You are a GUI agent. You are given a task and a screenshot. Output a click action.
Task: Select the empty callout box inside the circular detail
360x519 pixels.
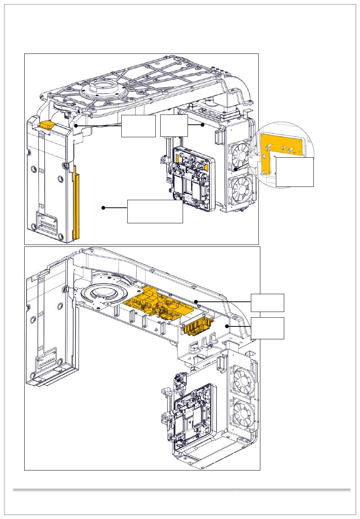(x=294, y=172)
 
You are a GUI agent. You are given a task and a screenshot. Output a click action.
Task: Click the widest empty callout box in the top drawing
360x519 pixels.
(x=155, y=211)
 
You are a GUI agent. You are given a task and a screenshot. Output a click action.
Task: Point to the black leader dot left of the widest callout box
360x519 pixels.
(x=103, y=208)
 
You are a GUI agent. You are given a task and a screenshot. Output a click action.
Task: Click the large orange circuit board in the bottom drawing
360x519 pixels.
(x=159, y=303)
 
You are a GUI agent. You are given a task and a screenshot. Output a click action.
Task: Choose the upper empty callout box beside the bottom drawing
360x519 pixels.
(x=267, y=302)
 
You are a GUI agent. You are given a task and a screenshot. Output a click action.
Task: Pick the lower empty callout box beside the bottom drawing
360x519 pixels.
(x=267, y=328)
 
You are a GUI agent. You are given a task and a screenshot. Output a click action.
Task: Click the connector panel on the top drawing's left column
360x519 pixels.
(x=46, y=223)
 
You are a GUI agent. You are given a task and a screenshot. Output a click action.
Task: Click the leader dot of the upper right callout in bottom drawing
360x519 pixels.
(x=196, y=301)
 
